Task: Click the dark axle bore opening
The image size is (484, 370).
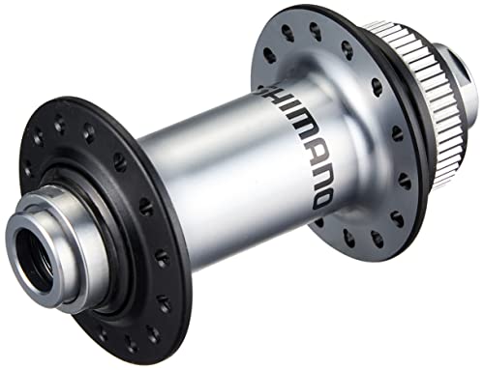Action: point(33,254)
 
